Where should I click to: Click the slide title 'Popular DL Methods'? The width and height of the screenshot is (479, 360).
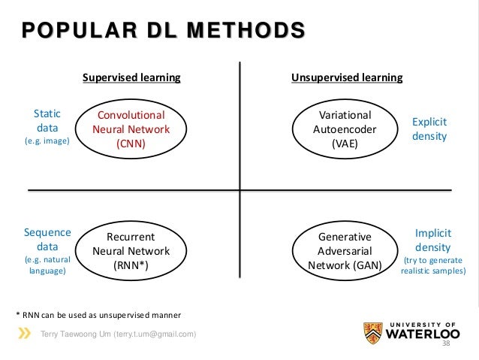pos(163,31)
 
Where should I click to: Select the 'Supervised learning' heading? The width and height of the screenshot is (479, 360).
pos(131,77)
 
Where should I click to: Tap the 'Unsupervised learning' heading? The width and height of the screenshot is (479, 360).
pos(346,77)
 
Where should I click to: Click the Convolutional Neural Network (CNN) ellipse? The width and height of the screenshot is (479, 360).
pos(131,129)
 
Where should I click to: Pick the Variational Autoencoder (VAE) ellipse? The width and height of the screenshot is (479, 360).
pos(345,129)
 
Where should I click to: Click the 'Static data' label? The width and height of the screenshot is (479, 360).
pos(47,120)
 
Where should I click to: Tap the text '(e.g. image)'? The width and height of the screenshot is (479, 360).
pos(47,141)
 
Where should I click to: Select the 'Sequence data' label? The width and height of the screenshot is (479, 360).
pos(47,239)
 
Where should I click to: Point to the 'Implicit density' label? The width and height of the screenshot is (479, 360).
pos(432,240)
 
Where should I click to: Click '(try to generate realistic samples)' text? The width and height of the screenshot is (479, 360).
pos(432,265)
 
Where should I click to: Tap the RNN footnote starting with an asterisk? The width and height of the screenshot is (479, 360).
pos(98,313)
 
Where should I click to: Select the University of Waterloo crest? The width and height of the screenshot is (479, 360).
pos(370,331)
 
